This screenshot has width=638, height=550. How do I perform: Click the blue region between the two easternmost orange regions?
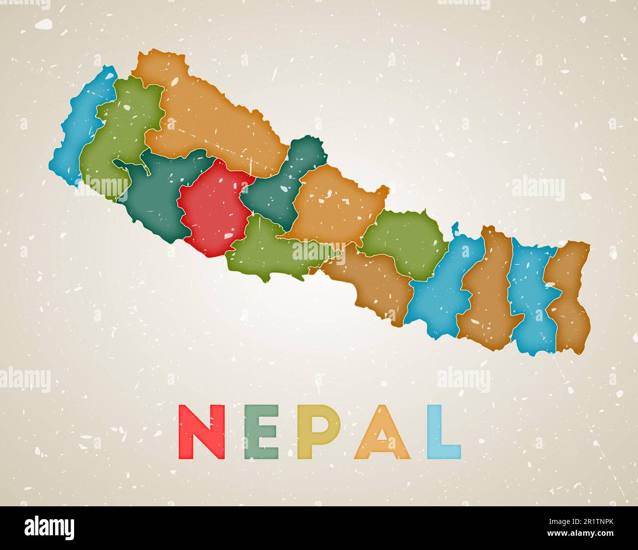[x=532, y=300]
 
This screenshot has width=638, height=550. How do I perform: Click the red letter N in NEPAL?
[x=202, y=432]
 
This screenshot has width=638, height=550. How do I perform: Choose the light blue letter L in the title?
[x=442, y=432]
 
